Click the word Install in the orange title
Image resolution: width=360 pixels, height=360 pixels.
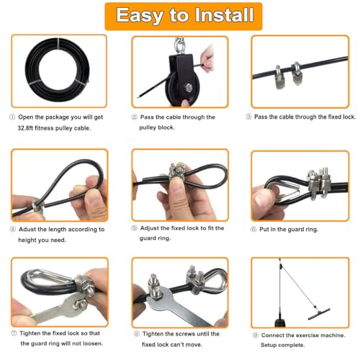tap(224, 15)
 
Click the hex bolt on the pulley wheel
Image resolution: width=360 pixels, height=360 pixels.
tap(189, 88)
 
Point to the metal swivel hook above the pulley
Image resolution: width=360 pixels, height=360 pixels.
tap(179, 45)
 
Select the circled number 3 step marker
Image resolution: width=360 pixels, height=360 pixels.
tap(248, 117)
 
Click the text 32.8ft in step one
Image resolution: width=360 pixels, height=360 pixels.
tap(25, 128)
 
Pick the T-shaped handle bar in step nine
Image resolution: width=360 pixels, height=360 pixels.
tap(319, 314)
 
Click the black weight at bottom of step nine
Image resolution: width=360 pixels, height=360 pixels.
tap(280, 323)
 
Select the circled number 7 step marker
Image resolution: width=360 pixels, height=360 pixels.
tap(14, 333)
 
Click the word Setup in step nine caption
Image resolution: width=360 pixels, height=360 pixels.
tap(269, 345)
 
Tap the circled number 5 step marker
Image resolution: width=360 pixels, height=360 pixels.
tap(134, 228)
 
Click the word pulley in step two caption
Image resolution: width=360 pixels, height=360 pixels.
tap(147, 127)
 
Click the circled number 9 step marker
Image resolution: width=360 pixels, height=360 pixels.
tap(256, 336)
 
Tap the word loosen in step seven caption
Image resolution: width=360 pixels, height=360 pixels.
tap(91, 343)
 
